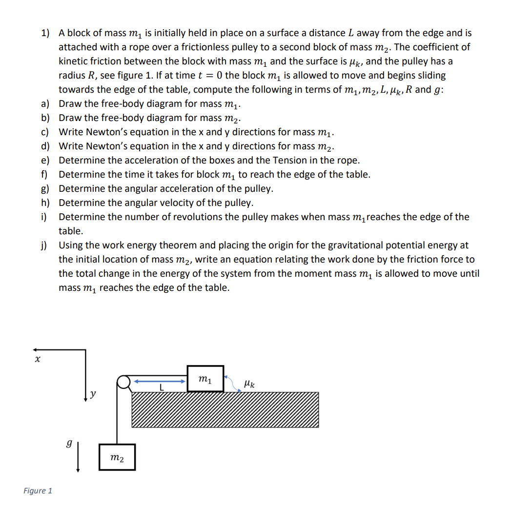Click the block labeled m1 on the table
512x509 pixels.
(205, 379)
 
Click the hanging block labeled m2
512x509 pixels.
(117, 457)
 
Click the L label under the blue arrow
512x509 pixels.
(161, 388)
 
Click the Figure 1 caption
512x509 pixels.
(38, 490)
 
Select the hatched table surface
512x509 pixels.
(225, 410)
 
